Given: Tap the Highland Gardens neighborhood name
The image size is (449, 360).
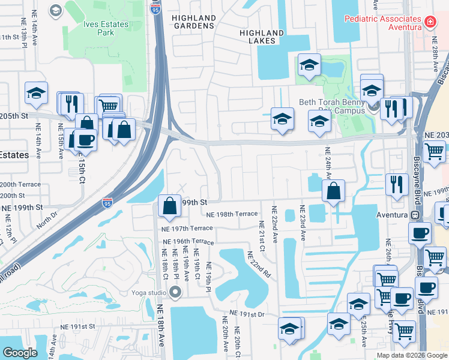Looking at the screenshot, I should [x=193, y=22].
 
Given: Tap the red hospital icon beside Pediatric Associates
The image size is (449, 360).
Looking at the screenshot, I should [x=430, y=22].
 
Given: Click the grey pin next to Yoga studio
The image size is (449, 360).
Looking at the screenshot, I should [x=175, y=293].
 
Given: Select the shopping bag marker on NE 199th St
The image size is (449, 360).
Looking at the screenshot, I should [x=170, y=206].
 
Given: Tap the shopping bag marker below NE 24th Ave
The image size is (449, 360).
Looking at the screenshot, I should [x=333, y=191].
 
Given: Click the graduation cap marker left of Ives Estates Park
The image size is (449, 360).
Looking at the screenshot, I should [x=36, y=93].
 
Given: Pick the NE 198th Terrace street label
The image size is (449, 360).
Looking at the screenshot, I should [x=232, y=214].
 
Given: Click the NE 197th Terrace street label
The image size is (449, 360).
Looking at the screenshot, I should [x=187, y=229].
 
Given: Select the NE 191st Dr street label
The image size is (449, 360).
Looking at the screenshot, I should [x=247, y=314].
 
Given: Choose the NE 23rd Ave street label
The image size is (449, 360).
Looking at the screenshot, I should [x=302, y=224].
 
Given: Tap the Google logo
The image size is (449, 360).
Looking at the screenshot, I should [x=20, y=353].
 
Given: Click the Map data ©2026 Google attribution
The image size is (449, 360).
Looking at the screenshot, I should [x=411, y=355].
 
